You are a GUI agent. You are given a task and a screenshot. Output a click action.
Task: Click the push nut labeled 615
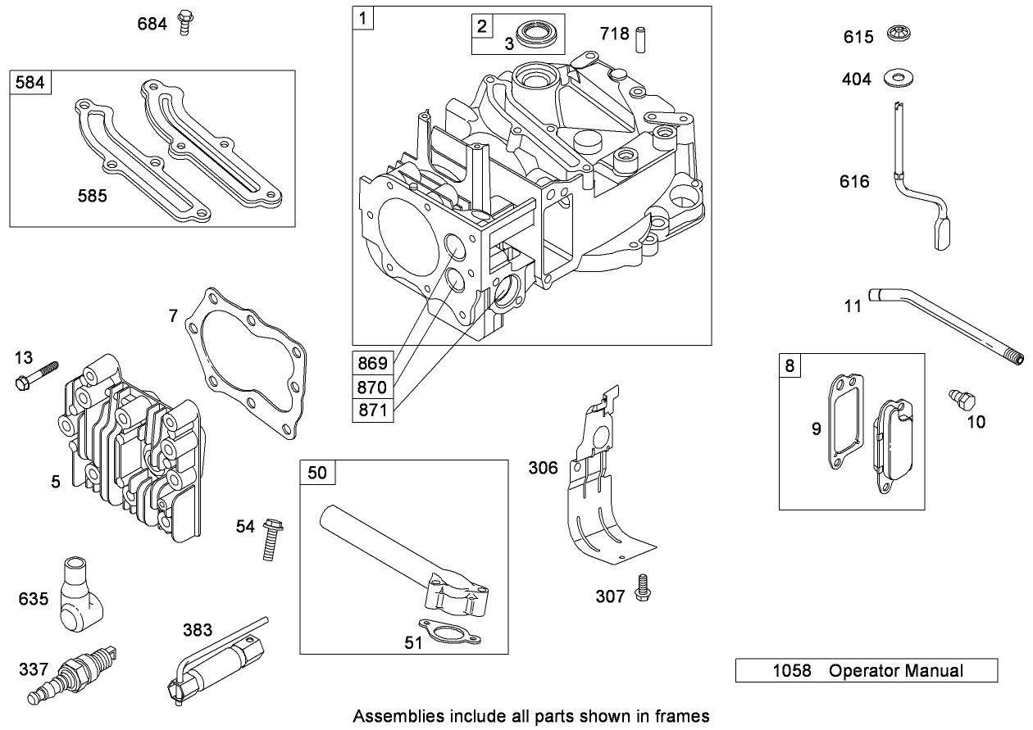coord(899,36)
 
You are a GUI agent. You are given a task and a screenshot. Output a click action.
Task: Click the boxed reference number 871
coord(372,409)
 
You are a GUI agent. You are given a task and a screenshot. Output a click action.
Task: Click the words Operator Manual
coord(895,671)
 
